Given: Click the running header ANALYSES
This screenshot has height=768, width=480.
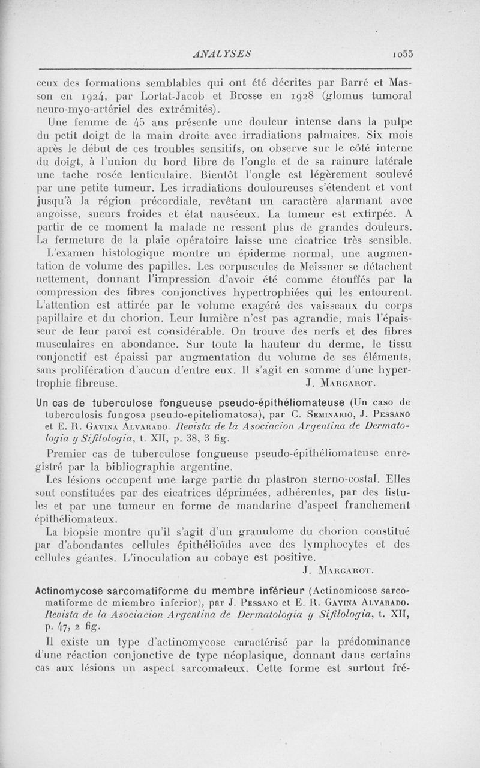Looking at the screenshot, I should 222,53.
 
